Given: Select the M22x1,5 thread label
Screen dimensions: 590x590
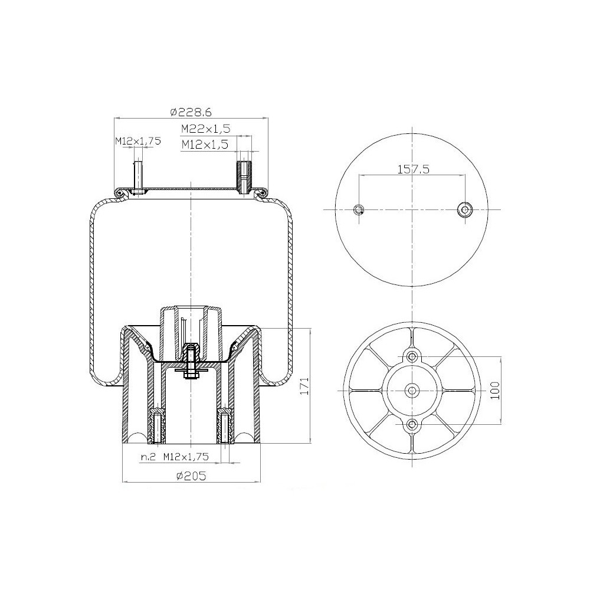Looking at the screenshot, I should pyautogui.click(x=205, y=129).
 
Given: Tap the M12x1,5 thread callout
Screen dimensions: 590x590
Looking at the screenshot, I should pyautogui.click(x=205, y=143).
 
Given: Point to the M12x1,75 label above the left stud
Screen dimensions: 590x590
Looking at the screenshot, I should pyautogui.click(x=137, y=140).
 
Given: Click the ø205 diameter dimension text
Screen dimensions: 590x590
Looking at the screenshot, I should pyautogui.click(x=191, y=476).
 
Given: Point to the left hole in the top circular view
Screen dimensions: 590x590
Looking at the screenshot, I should pyautogui.click(x=359, y=210).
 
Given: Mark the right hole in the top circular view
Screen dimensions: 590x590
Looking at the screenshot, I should pyautogui.click(x=465, y=210).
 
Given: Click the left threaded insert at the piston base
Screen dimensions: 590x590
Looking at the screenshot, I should pyautogui.click(x=158, y=427).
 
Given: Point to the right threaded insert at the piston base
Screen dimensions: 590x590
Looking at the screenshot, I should pyautogui.click(x=225, y=427).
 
